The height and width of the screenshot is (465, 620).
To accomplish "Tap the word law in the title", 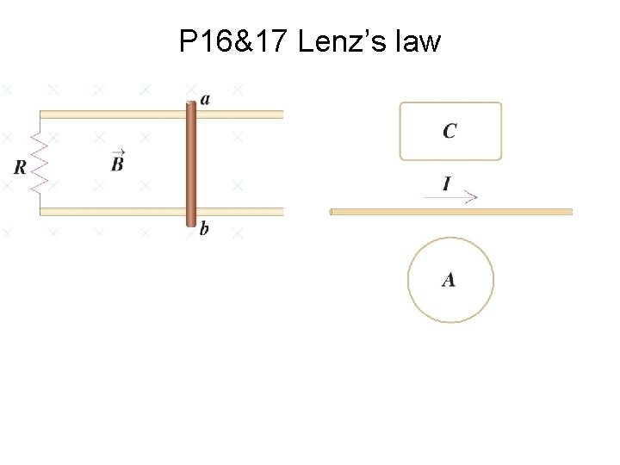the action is (418, 40).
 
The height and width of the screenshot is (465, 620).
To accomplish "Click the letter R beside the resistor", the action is (20, 167).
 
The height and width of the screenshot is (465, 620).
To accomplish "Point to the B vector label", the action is (118, 161).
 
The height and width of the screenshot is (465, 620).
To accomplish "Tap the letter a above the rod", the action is (204, 99).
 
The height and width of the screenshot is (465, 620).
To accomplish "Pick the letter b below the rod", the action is (204, 229).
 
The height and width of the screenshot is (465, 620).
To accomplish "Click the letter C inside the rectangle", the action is (449, 131).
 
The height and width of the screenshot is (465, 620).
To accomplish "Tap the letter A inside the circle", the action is (449, 280).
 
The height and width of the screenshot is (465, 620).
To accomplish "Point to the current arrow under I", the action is (449, 197).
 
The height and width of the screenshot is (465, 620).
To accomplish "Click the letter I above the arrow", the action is (446, 183).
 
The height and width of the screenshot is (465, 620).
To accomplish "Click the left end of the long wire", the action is (333, 211).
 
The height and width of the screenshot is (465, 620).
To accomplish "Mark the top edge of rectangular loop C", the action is (450, 103).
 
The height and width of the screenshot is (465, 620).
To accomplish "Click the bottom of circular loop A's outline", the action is (450, 321).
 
